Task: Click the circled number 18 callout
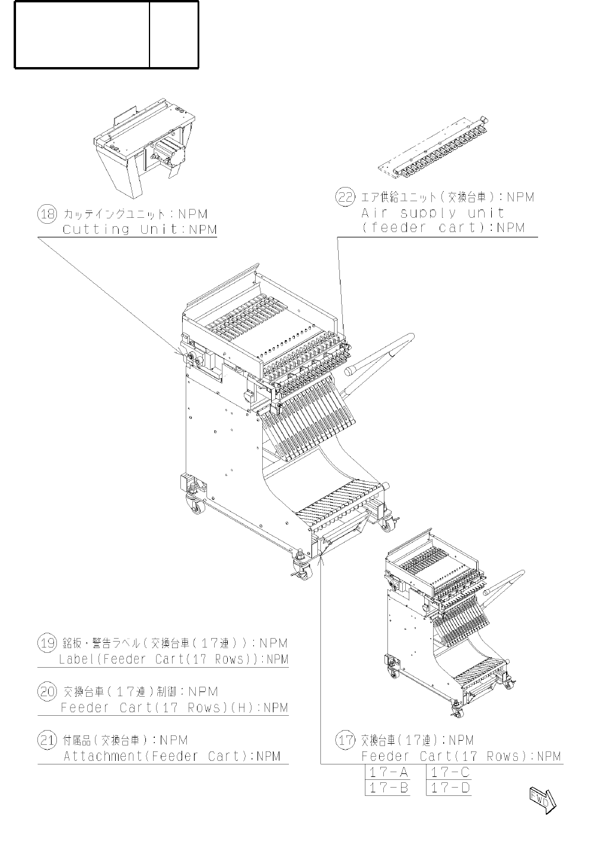(47, 214)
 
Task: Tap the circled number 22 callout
(345, 197)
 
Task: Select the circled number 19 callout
(47, 643)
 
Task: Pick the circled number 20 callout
(47, 691)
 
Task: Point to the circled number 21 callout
(47, 740)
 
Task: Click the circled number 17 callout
(345, 740)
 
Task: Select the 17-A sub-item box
(388, 772)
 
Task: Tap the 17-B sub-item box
(388, 788)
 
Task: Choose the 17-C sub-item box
(450, 772)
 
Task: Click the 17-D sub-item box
(450, 788)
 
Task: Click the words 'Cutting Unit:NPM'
(140, 230)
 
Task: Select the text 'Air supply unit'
(433, 212)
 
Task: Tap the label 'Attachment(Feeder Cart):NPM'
(172, 756)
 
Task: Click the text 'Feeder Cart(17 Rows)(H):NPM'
(174, 707)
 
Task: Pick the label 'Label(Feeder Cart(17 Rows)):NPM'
(173, 659)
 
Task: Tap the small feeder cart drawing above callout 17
(451, 623)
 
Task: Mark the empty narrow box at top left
(174, 34)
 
